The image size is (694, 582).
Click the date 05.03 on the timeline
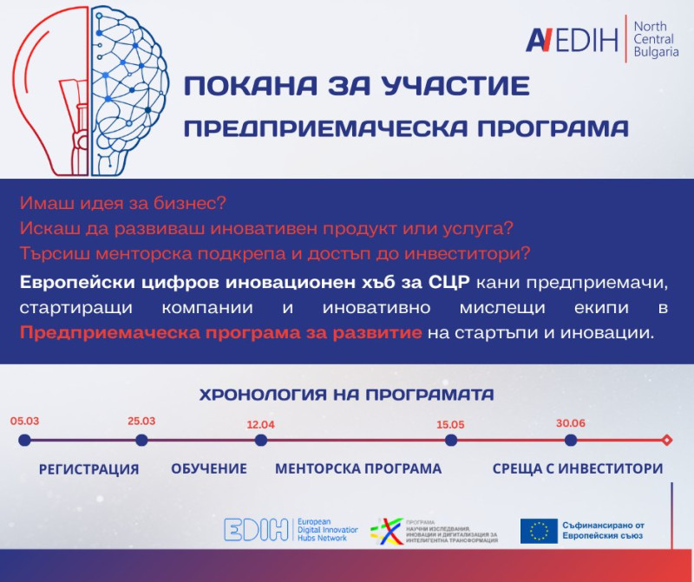point(24,421)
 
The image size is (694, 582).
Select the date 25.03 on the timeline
point(141,421)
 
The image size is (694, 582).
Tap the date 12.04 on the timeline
point(260,425)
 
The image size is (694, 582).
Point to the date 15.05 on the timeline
point(451,425)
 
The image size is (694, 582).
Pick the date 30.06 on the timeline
point(570,422)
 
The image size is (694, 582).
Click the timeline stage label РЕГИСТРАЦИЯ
point(88,469)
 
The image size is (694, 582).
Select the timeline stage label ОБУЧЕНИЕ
point(209,468)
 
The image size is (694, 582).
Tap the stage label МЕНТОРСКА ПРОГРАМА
point(358,468)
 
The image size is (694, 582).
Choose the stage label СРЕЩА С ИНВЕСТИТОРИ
point(577,468)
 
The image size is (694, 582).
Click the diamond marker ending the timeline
point(666,441)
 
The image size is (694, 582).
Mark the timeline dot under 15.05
point(451,441)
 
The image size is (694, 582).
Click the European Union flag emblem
point(539,531)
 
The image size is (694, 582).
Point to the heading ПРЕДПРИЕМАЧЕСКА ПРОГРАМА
point(407,128)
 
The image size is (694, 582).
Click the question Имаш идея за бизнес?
point(121,204)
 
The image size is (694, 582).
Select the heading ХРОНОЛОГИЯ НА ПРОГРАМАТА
point(347,395)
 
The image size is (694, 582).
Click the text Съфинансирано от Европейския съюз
point(608,531)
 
